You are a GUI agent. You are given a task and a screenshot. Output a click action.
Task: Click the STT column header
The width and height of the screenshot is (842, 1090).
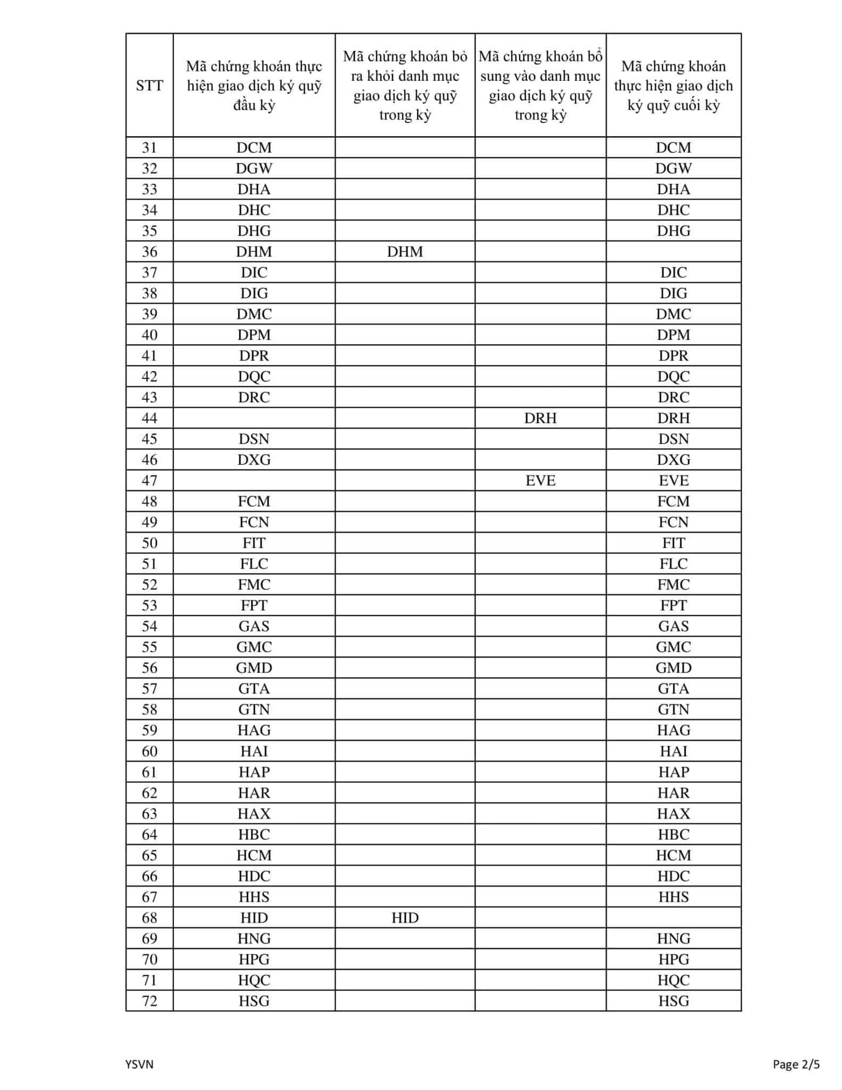(x=149, y=86)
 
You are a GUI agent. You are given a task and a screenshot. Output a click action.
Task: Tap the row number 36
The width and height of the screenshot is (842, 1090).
(x=149, y=251)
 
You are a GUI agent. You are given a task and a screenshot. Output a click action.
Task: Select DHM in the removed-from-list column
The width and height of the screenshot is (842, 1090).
(x=405, y=251)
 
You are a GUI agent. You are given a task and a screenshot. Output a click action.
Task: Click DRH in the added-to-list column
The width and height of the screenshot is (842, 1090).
(x=540, y=418)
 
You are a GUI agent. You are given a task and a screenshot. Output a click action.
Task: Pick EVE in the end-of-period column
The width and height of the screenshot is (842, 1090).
(x=673, y=481)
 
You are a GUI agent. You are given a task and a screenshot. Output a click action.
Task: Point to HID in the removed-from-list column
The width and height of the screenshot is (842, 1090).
(x=405, y=918)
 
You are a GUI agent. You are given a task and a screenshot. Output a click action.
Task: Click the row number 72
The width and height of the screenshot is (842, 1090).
(x=149, y=1001)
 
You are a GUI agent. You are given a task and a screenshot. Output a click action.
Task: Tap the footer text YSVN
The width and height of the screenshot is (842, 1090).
(x=139, y=1064)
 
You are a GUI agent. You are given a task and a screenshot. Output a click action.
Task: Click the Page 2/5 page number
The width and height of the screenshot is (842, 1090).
(x=796, y=1064)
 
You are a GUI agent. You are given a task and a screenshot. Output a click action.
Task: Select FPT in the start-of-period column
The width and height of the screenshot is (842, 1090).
(x=254, y=605)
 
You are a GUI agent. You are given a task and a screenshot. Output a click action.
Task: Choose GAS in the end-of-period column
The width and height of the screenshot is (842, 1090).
(x=673, y=626)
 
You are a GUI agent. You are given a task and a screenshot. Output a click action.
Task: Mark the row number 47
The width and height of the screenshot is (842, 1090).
(x=149, y=481)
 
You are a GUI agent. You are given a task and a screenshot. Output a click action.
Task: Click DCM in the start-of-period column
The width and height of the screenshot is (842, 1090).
(x=254, y=147)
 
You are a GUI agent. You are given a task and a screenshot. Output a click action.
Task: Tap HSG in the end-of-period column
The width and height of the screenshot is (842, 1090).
(x=673, y=1001)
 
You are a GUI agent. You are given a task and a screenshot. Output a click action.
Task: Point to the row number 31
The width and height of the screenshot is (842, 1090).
(x=149, y=147)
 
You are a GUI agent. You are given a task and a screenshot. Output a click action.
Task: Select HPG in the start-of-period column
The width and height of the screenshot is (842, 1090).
(x=254, y=959)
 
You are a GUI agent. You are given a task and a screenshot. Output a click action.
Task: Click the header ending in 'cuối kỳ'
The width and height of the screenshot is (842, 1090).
(x=673, y=86)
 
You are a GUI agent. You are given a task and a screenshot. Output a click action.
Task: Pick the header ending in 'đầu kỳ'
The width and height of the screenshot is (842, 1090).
(x=254, y=86)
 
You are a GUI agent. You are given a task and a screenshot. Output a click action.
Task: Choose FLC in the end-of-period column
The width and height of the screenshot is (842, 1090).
(x=673, y=564)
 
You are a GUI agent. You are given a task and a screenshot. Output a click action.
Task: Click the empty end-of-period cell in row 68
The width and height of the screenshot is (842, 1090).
(x=673, y=918)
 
